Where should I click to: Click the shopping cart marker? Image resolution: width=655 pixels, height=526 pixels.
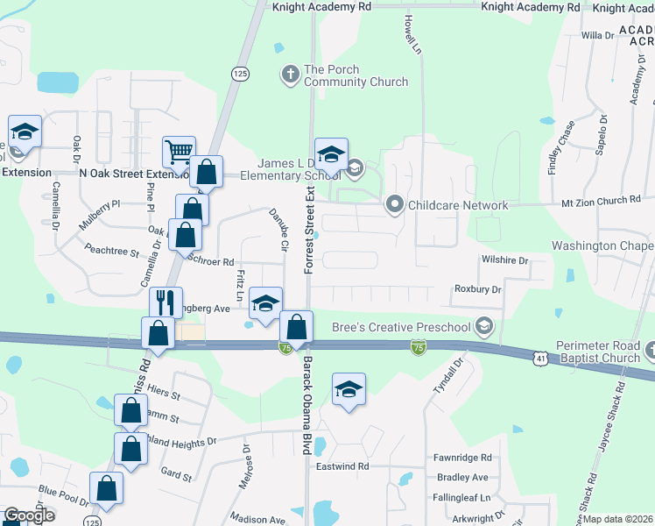click(x=179, y=153)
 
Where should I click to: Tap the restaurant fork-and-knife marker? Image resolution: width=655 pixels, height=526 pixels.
click(x=166, y=302)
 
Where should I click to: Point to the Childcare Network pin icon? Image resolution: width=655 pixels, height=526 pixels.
click(x=394, y=205)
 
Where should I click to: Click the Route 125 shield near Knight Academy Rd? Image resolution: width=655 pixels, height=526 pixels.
click(x=238, y=71)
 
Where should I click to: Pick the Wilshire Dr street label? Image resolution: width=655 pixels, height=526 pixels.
click(x=504, y=260)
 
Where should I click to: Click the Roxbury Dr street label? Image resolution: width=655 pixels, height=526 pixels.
click(x=477, y=289)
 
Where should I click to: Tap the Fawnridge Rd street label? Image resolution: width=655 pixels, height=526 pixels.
click(x=463, y=458)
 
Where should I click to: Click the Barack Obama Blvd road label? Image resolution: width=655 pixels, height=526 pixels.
click(x=306, y=405)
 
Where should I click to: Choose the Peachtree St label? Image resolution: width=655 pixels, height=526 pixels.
click(x=111, y=252)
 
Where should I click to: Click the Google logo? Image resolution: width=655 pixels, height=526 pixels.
click(x=29, y=515)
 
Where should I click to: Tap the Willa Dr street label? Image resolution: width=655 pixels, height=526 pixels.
click(x=598, y=35)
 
